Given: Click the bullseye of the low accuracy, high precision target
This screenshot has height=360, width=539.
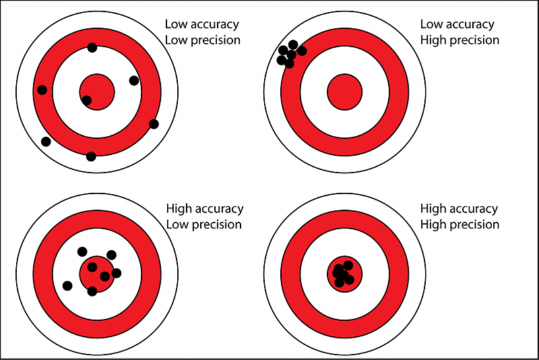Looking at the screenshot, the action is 345,92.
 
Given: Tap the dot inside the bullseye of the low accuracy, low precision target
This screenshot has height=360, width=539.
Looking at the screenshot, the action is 87,100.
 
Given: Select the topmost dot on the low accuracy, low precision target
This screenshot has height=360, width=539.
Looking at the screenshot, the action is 92,47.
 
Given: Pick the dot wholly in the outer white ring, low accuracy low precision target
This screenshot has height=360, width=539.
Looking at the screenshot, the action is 46,142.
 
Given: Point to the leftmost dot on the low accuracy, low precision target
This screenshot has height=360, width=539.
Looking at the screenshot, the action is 42,90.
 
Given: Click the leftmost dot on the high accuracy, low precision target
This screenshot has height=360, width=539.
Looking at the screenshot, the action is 67,285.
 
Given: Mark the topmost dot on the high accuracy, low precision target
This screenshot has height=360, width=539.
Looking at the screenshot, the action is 82,251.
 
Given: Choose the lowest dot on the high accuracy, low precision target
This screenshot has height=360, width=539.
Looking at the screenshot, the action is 92,291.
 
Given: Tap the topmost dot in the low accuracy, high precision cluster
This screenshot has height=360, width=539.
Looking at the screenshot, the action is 293,44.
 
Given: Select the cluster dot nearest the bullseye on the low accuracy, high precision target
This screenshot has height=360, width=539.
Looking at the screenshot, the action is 302,51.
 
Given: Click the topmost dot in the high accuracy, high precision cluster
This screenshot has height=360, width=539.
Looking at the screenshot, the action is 348,266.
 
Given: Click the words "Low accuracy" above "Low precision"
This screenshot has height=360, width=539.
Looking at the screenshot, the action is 201,24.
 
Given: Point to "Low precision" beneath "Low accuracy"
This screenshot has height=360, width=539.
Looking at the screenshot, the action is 203,40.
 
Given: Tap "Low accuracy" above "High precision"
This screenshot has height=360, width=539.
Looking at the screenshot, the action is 457,24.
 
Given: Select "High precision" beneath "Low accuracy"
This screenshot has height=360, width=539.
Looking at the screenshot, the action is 460,40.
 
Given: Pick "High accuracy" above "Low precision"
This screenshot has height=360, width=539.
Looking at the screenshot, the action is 205,209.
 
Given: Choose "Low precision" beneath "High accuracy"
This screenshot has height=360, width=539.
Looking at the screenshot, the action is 204,224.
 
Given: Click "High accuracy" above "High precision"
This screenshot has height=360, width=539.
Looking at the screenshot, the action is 459,209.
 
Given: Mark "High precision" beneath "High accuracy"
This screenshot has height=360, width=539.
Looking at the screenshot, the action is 460,224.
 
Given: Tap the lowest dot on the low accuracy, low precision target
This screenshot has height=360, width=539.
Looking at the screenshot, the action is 91,156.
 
